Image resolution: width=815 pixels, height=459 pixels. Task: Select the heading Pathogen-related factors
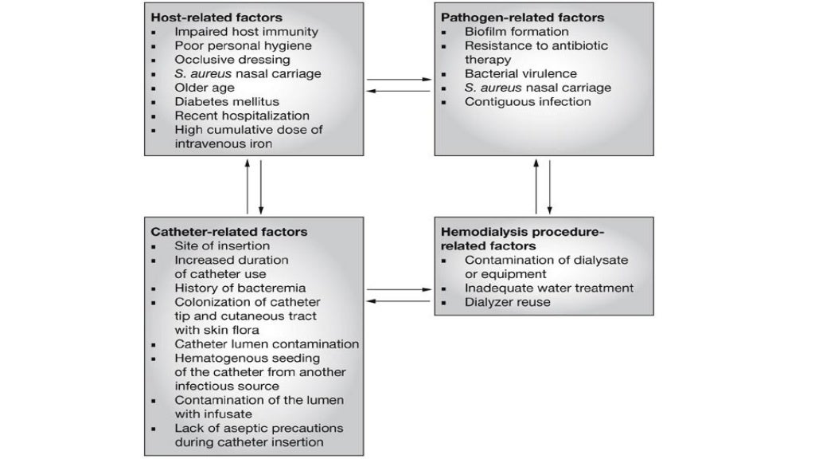point(522,18)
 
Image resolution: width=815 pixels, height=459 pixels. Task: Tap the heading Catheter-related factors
point(229,232)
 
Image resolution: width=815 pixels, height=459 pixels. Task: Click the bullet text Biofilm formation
point(517,32)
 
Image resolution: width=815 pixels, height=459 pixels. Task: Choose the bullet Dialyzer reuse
point(507,302)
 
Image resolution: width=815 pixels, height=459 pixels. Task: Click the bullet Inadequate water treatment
point(549,288)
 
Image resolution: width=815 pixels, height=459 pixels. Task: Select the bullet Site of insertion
point(222,245)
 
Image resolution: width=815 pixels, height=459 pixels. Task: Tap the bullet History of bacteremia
point(240,288)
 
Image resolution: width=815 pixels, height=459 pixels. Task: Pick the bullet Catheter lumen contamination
point(267,344)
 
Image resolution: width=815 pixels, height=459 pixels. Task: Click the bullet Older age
point(204,88)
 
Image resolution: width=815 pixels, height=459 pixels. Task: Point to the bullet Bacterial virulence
point(521,73)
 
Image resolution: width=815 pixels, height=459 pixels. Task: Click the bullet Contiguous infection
point(528,101)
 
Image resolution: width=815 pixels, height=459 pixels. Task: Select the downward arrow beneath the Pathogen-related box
point(550,185)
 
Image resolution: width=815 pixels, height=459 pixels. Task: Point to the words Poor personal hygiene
point(242,45)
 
